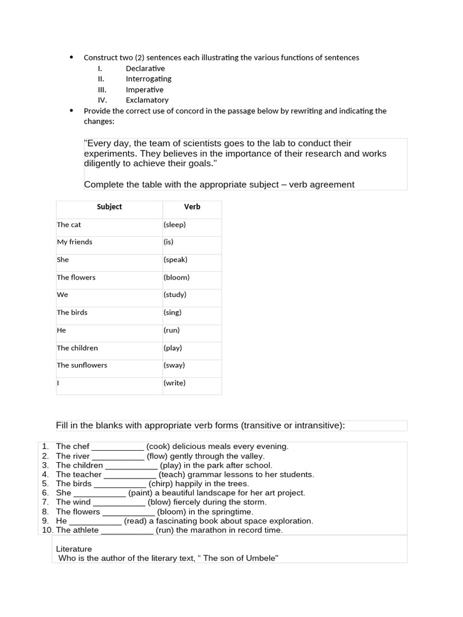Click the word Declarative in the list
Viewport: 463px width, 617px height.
point(145,69)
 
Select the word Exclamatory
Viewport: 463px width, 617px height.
point(147,100)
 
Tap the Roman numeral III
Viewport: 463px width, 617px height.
point(101,90)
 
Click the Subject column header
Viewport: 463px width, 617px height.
point(109,207)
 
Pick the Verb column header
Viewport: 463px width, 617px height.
point(192,207)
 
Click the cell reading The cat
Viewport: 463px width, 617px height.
point(69,225)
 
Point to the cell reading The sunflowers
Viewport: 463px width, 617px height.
point(82,365)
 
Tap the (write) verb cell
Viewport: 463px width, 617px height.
point(174,383)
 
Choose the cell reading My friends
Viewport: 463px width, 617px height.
point(75,242)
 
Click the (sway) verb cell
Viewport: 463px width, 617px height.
point(174,365)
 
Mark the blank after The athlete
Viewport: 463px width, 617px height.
point(127,531)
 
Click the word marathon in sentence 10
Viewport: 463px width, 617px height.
point(209,530)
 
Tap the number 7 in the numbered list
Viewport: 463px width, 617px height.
point(45,502)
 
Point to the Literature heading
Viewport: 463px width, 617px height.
point(74,550)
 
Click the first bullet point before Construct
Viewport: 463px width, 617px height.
point(71,58)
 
